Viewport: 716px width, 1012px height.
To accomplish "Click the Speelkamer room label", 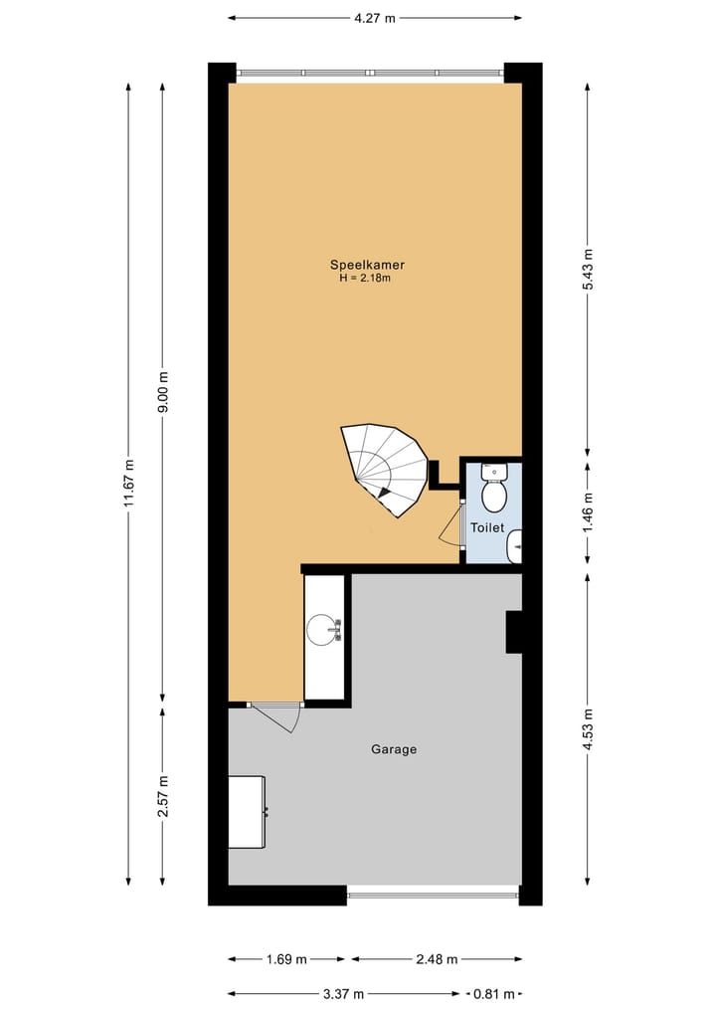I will click(x=367, y=265).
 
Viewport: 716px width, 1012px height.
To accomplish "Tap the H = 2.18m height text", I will click(x=365, y=279).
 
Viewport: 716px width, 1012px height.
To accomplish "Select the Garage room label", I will click(x=394, y=749).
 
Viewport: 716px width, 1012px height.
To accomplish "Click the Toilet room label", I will click(x=487, y=528).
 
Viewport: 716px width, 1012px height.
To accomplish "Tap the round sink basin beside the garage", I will click(x=322, y=629).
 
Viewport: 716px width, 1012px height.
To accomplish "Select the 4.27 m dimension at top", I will click(x=374, y=17).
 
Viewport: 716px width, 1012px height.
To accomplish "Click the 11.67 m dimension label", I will click(x=128, y=484).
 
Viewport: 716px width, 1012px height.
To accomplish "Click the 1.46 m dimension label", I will click(x=588, y=512).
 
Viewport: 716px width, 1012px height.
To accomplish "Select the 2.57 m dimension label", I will click(x=164, y=795).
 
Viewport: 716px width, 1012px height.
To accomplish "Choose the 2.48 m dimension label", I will click(x=437, y=959).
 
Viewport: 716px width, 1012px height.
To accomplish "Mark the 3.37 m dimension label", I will click(x=344, y=993).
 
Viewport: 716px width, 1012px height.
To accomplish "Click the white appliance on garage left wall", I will click(x=247, y=811).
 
